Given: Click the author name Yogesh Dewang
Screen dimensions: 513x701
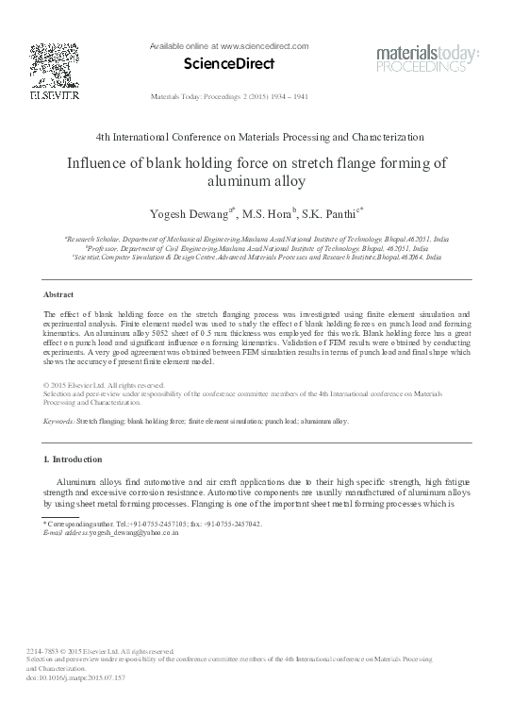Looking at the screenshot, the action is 176,210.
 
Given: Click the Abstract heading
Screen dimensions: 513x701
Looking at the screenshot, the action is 59,294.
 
